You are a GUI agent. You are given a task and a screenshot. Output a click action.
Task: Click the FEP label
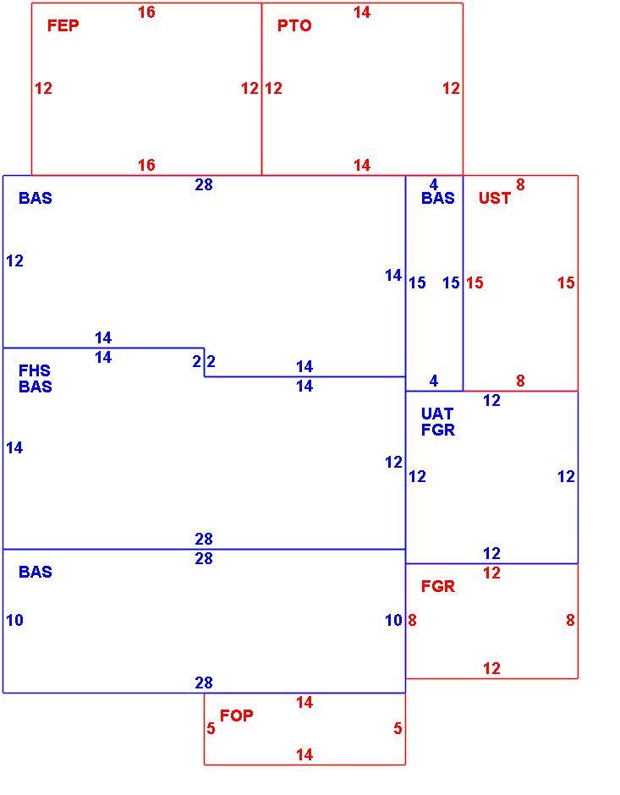coord(63,25)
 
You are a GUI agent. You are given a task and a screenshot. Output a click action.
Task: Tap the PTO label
coord(294,25)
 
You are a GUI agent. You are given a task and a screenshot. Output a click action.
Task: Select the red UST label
coord(494,198)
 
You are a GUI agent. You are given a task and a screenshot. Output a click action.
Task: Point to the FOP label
coord(236,715)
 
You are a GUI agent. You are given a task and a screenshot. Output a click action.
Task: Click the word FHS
coord(35,370)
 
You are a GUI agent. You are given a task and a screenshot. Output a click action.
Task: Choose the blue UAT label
coord(437,414)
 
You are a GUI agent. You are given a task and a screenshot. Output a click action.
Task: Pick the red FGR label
coord(438,587)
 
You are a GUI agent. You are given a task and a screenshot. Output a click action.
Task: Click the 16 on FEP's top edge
coord(146,12)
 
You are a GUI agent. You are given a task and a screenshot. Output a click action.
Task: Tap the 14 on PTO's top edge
coord(362,12)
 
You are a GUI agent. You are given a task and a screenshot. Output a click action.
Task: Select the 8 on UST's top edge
coord(520,185)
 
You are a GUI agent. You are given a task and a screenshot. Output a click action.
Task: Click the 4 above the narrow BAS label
coord(433,184)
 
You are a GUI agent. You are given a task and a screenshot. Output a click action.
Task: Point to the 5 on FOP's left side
coord(211,728)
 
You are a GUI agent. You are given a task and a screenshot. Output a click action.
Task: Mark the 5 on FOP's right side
coord(398,728)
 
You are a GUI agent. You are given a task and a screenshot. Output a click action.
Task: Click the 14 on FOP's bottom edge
coord(305,755)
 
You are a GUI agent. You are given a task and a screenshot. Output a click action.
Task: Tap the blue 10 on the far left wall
coord(14,620)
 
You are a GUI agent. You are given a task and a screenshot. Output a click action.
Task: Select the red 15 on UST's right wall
coord(566,283)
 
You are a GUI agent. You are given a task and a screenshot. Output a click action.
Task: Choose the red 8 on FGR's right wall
coord(570,620)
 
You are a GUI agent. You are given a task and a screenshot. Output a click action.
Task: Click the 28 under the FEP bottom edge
coord(204,185)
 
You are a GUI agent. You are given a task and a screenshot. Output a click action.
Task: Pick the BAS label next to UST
coord(438,198)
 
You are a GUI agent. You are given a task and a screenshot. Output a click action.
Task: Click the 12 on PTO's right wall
coord(451,89)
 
